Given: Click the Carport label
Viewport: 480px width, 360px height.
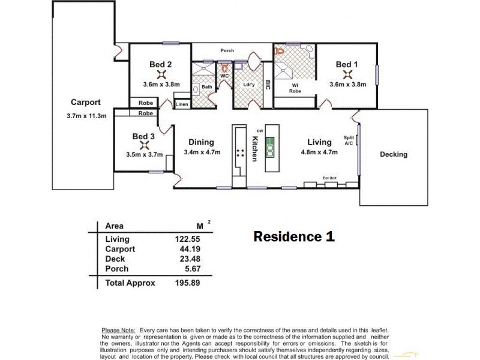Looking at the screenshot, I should click(86, 102).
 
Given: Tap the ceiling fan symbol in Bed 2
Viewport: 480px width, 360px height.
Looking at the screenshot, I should click(161, 74).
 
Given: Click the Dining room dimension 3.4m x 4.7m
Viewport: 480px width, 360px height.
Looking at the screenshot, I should click(201, 152).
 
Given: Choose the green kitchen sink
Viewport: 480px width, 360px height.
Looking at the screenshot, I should click(270, 146).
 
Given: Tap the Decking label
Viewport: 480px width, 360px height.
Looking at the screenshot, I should click(394, 154).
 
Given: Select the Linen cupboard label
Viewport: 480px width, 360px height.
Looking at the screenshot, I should click(182, 104).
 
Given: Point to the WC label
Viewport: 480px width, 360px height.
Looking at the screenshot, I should click(224, 77).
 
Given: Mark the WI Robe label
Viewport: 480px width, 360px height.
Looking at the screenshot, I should click(295, 88).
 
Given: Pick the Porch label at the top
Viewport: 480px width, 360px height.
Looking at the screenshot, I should click(227, 50).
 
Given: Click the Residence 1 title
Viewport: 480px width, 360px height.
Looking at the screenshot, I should click(293, 236).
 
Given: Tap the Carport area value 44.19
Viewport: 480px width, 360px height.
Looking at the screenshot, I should click(182, 248).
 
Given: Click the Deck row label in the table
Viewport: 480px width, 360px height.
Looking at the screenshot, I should click(115, 259).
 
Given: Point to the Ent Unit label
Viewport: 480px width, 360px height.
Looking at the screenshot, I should click(330, 178).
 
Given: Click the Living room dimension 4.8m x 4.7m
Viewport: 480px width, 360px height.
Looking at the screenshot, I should click(319, 152).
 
